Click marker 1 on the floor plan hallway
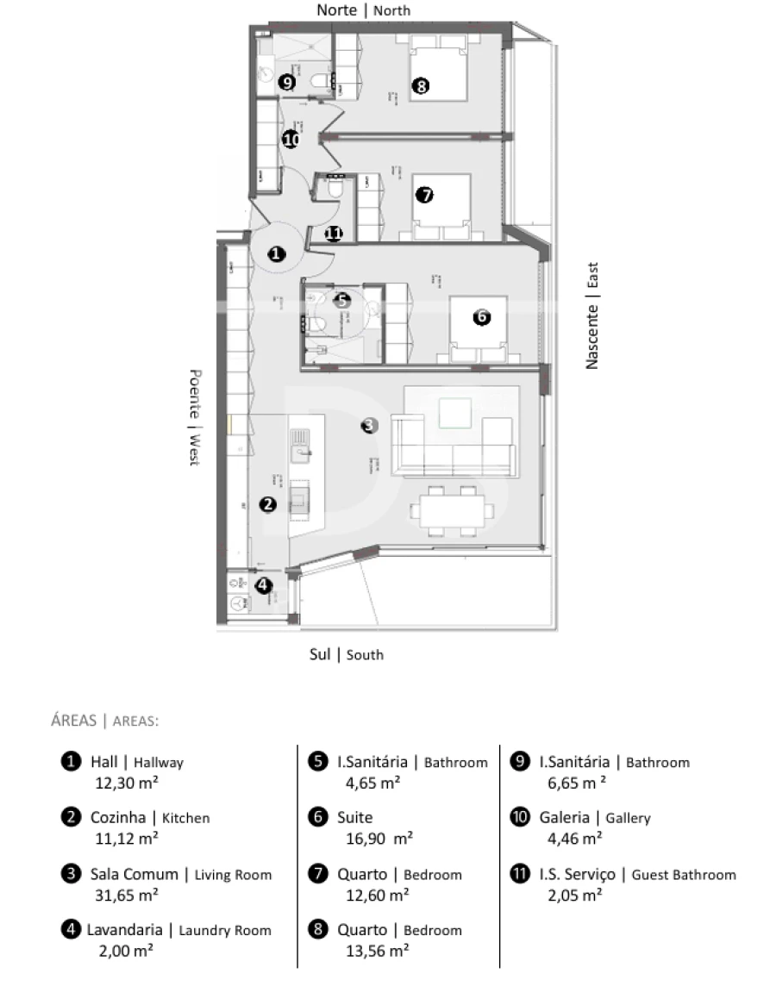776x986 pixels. [x=276, y=254]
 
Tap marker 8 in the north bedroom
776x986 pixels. [x=421, y=85]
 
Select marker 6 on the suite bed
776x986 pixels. [x=482, y=317]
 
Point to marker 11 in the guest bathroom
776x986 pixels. [x=334, y=233]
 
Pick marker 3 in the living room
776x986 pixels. [x=368, y=425]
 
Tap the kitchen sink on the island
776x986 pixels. [x=301, y=442]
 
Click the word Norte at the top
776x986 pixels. [x=336, y=10]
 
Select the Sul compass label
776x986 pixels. [x=319, y=654]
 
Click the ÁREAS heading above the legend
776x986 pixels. [x=73, y=721]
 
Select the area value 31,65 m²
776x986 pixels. [x=126, y=895]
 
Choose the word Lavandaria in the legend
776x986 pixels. [x=124, y=930]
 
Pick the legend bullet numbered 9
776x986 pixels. [x=519, y=762]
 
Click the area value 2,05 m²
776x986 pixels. [x=574, y=895]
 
